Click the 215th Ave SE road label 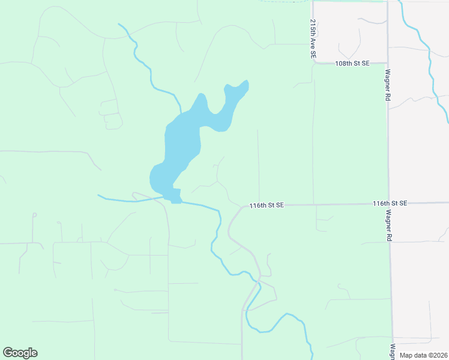tap(313, 38)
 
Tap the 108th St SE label tap(352, 63)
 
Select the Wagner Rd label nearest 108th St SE tap(388, 89)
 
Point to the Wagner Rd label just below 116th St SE tap(389, 225)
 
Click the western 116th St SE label tap(266, 205)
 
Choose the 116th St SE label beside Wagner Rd tap(390, 203)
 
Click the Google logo tap(20, 353)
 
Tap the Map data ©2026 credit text tap(423, 355)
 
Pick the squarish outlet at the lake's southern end tap(175, 196)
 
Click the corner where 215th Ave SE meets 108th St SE tap(314, 62)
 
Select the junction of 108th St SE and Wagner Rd tap(388, 62)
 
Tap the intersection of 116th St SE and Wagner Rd tap(389, 204)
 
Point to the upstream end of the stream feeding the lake tap(119, 25)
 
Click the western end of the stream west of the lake tap(98, 195)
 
